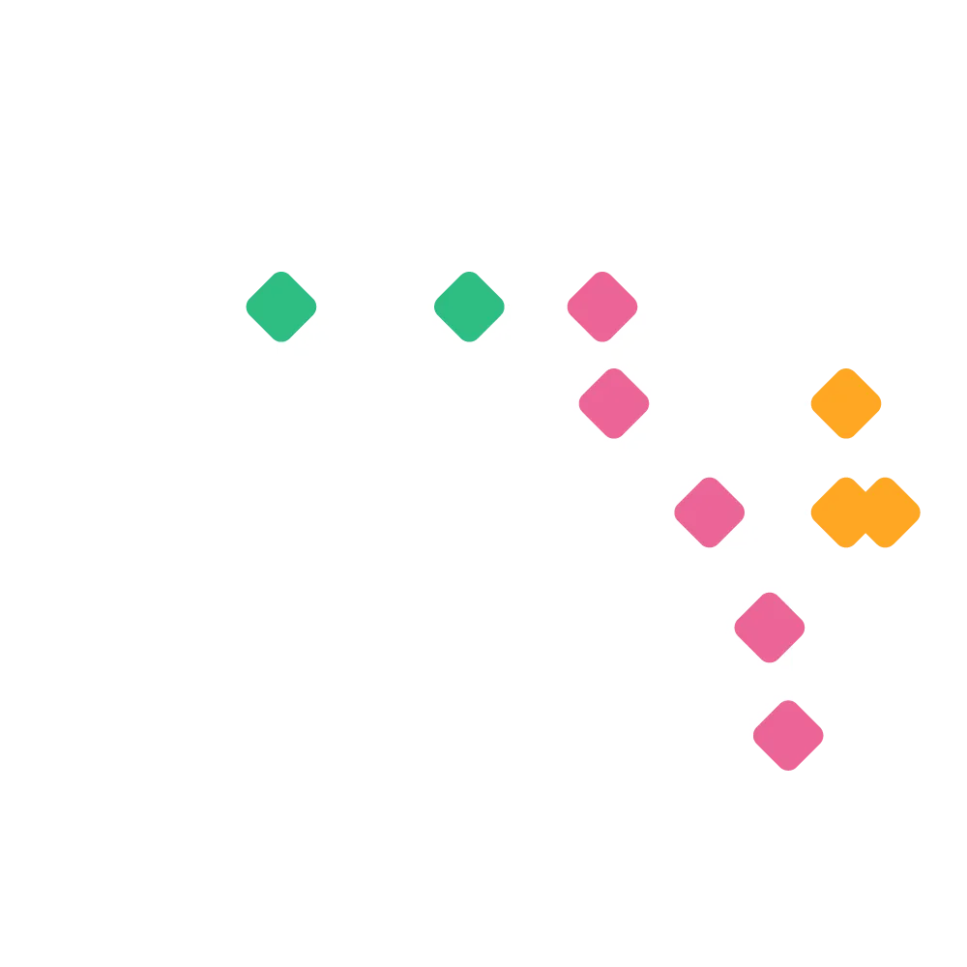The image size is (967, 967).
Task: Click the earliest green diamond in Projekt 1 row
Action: click(280, 307)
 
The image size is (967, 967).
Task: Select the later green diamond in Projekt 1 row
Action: click(469, 307)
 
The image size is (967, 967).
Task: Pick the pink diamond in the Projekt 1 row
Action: click(602, 307)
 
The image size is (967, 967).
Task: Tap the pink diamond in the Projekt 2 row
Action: click(614, 403)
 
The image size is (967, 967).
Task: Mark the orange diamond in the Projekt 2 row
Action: click(846, 403)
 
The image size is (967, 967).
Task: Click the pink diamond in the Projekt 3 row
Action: click(709, 513)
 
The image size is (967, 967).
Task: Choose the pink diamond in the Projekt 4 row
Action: click(769, 628)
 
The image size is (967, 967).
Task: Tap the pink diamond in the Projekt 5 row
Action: click(788, 736)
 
